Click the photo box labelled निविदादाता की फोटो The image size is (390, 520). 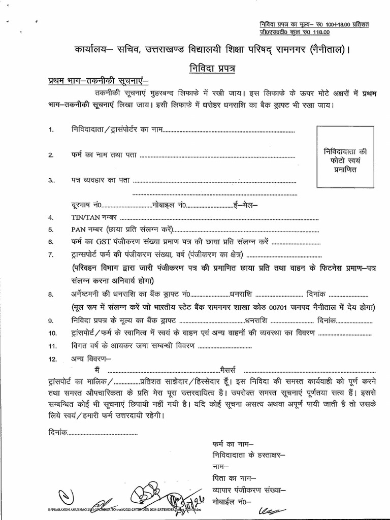pos(340,160)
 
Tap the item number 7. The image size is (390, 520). pos(51,254)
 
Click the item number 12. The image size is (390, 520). pos(52,359)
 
